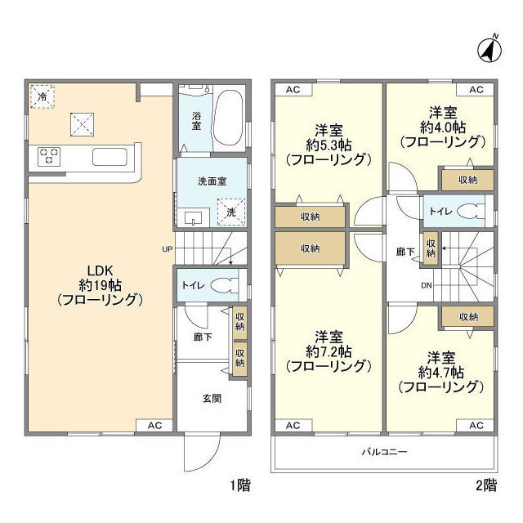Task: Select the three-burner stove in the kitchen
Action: (x=49, y=155)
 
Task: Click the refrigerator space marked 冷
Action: (x=40, y=96)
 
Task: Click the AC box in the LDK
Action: (x=154, y=425)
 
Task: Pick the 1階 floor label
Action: (x=239, y=485)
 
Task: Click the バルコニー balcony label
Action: (x=384, y=451)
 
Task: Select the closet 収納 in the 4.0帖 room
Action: (x=467, y=179)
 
